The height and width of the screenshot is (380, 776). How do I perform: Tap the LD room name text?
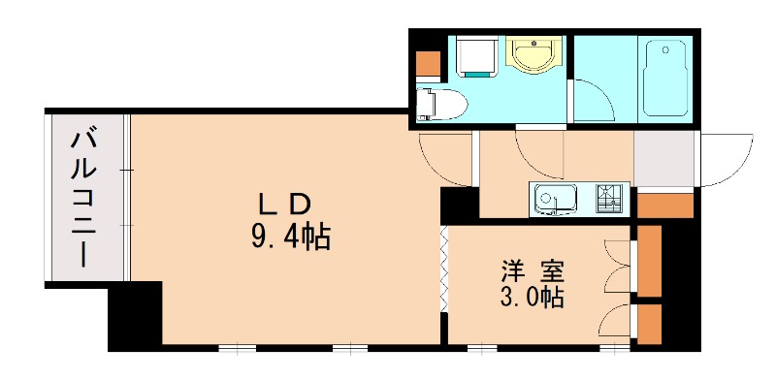(284, 204)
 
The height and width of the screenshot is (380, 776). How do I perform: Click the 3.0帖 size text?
(533, 298)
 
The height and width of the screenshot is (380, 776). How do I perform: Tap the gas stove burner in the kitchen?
(609, 200)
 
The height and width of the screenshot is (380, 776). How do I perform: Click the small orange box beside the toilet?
(427, 62)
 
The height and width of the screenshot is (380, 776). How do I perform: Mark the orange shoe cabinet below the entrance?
(665, 206)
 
